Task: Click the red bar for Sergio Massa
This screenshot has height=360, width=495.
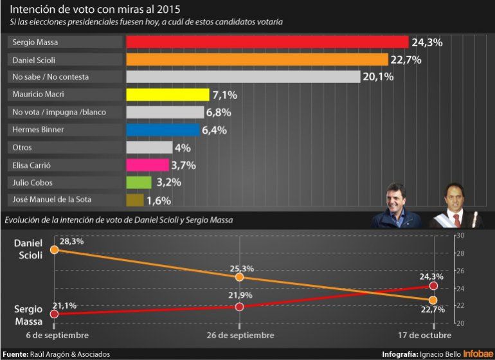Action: (267, 42)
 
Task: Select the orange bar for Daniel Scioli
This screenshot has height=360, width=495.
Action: (257, 60)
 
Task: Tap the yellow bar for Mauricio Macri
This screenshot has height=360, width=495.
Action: (168, 95)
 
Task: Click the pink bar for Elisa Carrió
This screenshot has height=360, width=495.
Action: (147, 165)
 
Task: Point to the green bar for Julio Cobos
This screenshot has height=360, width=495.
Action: (138, 183)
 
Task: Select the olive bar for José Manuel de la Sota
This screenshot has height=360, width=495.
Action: (134, 200)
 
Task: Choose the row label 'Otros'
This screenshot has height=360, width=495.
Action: (22, 147)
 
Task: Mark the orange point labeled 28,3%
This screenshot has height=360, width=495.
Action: (54, 249)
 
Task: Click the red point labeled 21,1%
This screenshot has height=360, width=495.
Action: (54, 314)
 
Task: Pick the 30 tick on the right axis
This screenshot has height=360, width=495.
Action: (460, 236)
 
